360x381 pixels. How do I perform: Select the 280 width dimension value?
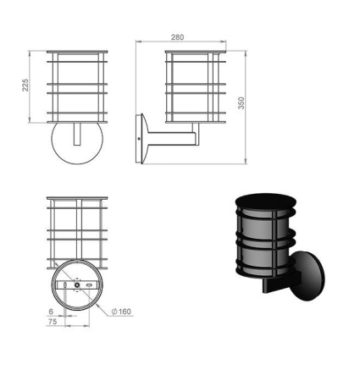[x=177, y=37]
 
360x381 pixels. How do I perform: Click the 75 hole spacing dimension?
[x=52, y=322]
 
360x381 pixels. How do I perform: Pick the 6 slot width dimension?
[x=52, y=311]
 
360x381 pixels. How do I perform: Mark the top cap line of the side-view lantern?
[x=195, y=52]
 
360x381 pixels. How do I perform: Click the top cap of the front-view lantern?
[x=78, y=52]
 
